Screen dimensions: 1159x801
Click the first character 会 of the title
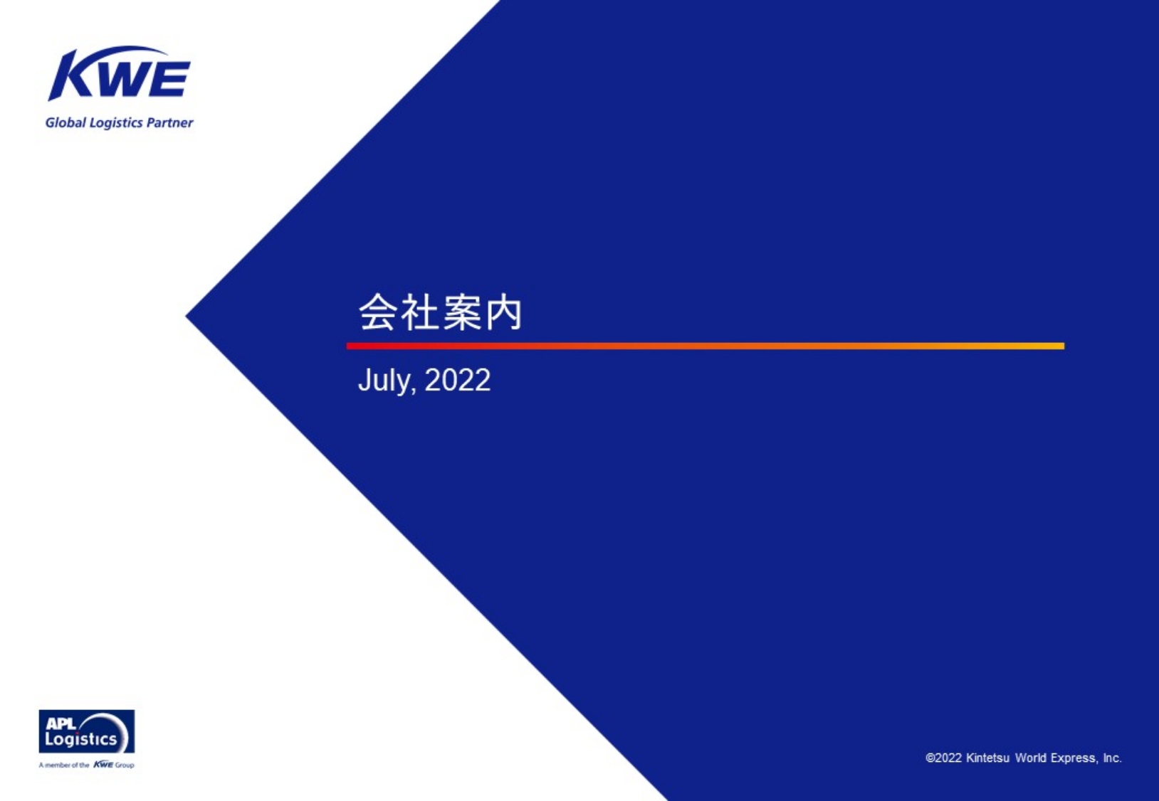(378, 312)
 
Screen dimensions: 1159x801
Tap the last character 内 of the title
(503, 312)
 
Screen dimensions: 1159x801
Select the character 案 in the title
(461, 312)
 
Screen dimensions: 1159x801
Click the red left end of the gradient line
(348, 346)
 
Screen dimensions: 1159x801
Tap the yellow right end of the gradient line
(1063, 346)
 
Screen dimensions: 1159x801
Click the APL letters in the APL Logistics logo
(61, 724)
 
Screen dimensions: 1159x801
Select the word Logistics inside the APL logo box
(81, 739)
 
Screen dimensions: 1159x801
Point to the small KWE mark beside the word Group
(103, 764)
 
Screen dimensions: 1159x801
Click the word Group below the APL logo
(124, 765)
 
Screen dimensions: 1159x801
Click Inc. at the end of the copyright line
(1112, 758)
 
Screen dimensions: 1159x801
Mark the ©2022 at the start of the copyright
(944, 758)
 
